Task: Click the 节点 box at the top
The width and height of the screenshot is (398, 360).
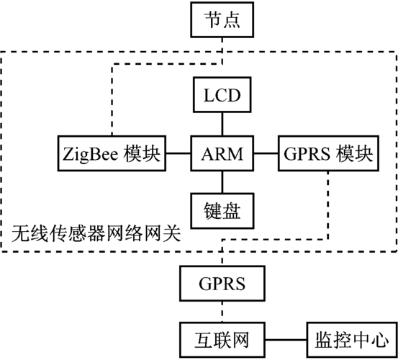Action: (222, 19)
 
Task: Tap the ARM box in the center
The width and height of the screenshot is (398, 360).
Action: (222, 154)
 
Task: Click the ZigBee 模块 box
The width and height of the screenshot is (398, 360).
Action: (111, 154)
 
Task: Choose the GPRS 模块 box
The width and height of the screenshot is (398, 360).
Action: (327, 154)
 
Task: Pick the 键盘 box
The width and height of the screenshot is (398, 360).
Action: (222, 210)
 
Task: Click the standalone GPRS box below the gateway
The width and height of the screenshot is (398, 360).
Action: (222, 283)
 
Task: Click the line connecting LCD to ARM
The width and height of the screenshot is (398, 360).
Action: (222, 125)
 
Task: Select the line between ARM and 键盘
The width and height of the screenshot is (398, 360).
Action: (222, 181)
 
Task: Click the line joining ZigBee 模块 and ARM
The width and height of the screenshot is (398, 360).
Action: (178, 154)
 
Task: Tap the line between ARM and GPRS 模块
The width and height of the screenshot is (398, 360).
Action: (266, 154)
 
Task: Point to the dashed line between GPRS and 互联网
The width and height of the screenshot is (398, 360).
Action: (222, 311)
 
